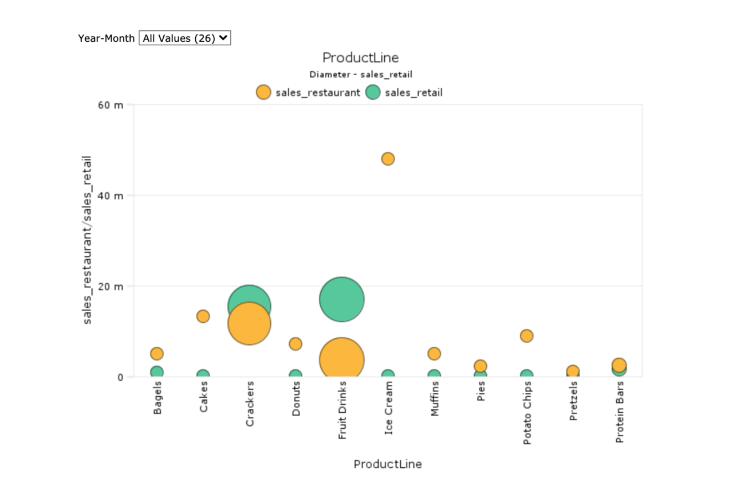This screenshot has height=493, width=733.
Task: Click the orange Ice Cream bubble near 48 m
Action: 388,159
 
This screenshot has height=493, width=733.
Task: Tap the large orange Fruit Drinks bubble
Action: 341,359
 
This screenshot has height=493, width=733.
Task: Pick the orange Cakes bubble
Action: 203,316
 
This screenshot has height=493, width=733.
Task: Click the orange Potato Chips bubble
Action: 526,335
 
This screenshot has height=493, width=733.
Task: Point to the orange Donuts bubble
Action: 295,343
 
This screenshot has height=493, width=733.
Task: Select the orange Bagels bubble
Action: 157,353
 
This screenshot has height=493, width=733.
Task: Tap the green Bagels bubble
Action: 157,372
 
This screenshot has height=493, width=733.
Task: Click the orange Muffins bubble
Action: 434,353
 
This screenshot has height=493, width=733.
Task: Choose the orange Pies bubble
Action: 480,366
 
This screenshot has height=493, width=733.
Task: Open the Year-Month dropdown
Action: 184,38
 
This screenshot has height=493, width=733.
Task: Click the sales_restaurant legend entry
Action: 309,92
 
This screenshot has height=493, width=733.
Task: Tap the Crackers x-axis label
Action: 250,404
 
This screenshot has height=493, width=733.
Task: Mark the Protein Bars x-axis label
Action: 620,412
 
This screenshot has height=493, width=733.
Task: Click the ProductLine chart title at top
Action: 360,57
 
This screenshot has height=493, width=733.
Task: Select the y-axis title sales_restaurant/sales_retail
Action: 88,240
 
